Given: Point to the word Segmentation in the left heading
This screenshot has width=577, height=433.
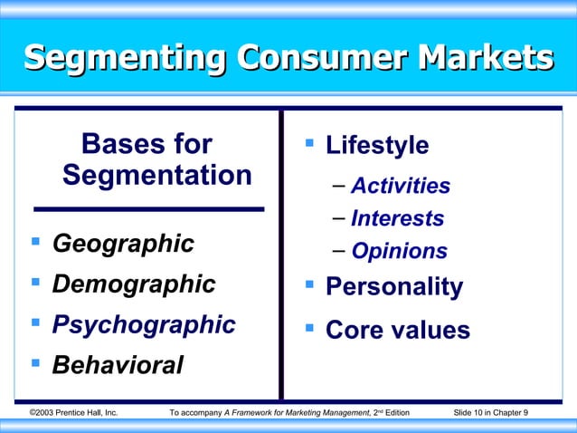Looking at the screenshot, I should (157, 174).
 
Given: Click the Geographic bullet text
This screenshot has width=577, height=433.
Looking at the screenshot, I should (123, 244).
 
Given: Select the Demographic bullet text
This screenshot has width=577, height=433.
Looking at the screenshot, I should (134, 284).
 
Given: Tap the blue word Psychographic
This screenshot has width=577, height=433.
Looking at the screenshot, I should (144, 324).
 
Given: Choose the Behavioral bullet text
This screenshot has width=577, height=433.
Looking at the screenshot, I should (118, 365).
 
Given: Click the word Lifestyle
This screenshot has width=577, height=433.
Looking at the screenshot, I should (377, 145).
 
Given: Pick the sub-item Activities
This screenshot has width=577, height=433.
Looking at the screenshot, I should (400, 187).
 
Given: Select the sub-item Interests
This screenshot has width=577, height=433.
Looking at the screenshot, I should (397, 219).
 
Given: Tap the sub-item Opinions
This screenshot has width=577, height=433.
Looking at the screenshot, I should (399, 252).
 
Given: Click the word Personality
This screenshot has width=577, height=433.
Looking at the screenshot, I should (393, 288).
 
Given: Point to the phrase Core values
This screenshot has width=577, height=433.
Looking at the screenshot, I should (397, 330).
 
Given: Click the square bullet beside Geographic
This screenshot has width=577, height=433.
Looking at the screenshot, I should (35, 243).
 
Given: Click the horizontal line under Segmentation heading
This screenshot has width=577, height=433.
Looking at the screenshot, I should (148, 208).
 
